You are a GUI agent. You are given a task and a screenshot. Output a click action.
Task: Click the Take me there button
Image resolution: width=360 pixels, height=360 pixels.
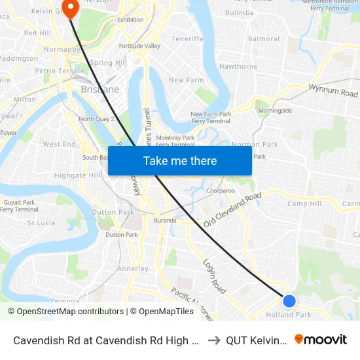click(x=180, y=160)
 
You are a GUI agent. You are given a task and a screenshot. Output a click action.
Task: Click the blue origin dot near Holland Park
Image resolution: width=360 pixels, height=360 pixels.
click(x=289, y=300)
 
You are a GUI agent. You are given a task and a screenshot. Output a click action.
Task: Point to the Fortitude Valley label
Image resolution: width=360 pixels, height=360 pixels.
click(x=139, y=46)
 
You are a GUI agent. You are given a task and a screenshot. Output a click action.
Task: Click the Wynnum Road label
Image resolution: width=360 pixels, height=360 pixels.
click(x=334, y=90)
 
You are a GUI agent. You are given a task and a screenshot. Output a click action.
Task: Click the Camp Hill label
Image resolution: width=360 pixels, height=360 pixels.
click(x=304, y=204)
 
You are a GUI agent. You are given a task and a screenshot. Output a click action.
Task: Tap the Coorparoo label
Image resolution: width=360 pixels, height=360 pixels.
click(x=221, y=191)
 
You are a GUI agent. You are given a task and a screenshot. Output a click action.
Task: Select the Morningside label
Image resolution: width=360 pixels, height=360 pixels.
click(x=275, y=111)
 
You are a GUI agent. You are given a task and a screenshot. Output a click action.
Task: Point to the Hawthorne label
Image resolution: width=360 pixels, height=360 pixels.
click(x=238, y=66)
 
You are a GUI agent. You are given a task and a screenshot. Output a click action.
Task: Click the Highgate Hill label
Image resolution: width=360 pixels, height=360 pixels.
click(x=78, y=175)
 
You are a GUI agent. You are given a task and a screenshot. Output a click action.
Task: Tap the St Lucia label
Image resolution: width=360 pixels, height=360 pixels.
click(x=41, y=223)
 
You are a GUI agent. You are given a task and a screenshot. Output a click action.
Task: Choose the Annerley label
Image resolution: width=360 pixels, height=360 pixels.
click(x=133, y=268)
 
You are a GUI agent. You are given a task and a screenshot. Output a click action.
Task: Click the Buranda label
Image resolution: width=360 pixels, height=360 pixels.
click(x=165, y=221)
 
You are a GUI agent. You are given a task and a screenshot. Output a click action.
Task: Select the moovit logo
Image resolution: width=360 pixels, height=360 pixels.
click(x=321, y=339)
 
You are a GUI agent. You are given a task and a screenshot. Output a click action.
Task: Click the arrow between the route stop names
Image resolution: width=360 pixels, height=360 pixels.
click(x=213, y=340)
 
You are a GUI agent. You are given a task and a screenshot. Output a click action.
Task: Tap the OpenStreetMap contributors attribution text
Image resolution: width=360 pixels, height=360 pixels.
click(x=65, y=312)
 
